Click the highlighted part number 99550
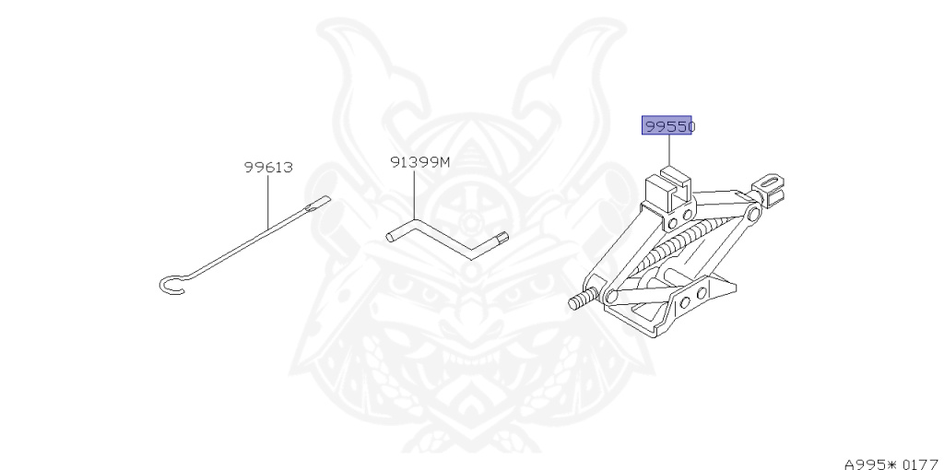click(667, 126)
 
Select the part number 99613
click(268, 168)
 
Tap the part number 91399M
click(419, 162)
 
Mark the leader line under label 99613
click(268, 201)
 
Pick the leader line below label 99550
click(669, 149)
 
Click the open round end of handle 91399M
click(391, 238)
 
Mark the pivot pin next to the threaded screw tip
click(609, 295)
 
